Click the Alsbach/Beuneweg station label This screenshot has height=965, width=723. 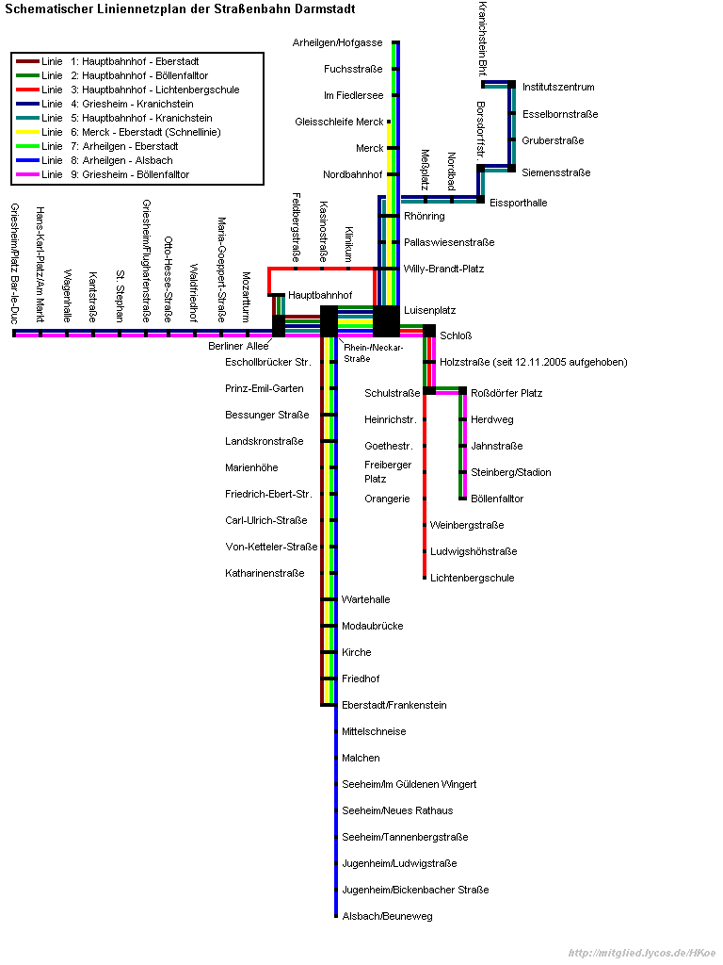pyautogui.click(x=387, y=916)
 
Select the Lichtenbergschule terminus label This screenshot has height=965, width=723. pyautogui.click(x=472, y=578)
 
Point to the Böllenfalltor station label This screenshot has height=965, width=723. pyautogui.click(x=496, y=499)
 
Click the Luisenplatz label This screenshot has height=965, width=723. pyautogui.click(x=429, y=310)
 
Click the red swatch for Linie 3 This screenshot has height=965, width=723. pyautogui.click(x=27, y=90)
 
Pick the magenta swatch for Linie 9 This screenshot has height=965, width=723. pyautogui.click(x=27, y=175)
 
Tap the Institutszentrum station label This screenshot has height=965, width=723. pyautogui.click(x=557, y=87)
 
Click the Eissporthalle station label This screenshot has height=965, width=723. pyautogui.click(x=517, y=203)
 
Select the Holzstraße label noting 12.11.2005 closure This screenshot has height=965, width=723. pyautogui.click(x=533, y=362)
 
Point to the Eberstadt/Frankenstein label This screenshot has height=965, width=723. pyautogui.click(x=394, y=705)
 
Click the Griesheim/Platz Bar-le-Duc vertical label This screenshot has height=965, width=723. pyautogui.click(x=14, y=263)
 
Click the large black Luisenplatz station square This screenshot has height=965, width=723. pyautogui.click(x=386, y=321)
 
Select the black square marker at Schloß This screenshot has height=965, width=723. pyautogui.click(x=429, y=331)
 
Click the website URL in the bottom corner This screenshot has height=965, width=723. pyautogui.click(x=642, y=953)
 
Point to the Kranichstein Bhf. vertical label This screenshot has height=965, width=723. pyautogui.click(x=482, y=39)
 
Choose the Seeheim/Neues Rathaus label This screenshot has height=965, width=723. pyautogui.click(x=397, y=810)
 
